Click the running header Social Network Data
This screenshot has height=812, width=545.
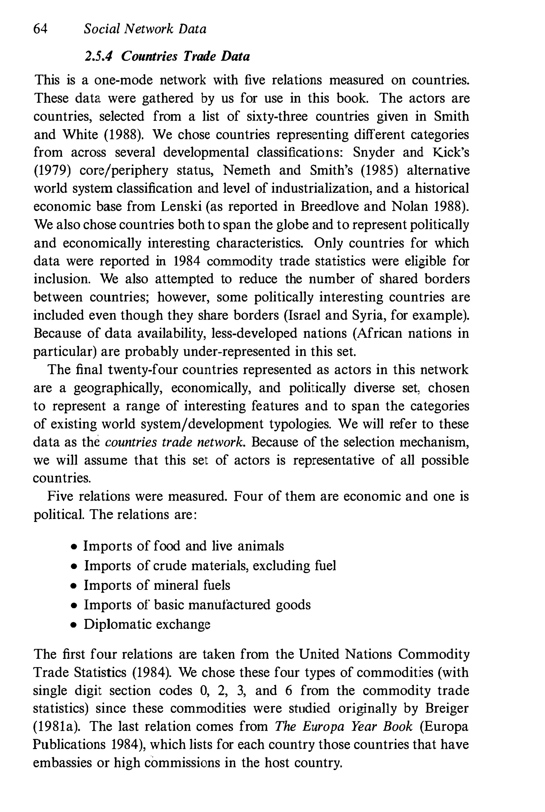point(145,29)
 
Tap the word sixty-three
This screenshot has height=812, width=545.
point(277,116)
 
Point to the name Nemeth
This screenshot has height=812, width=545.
point(246,170)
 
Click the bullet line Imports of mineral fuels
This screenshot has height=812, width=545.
point(157,585)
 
